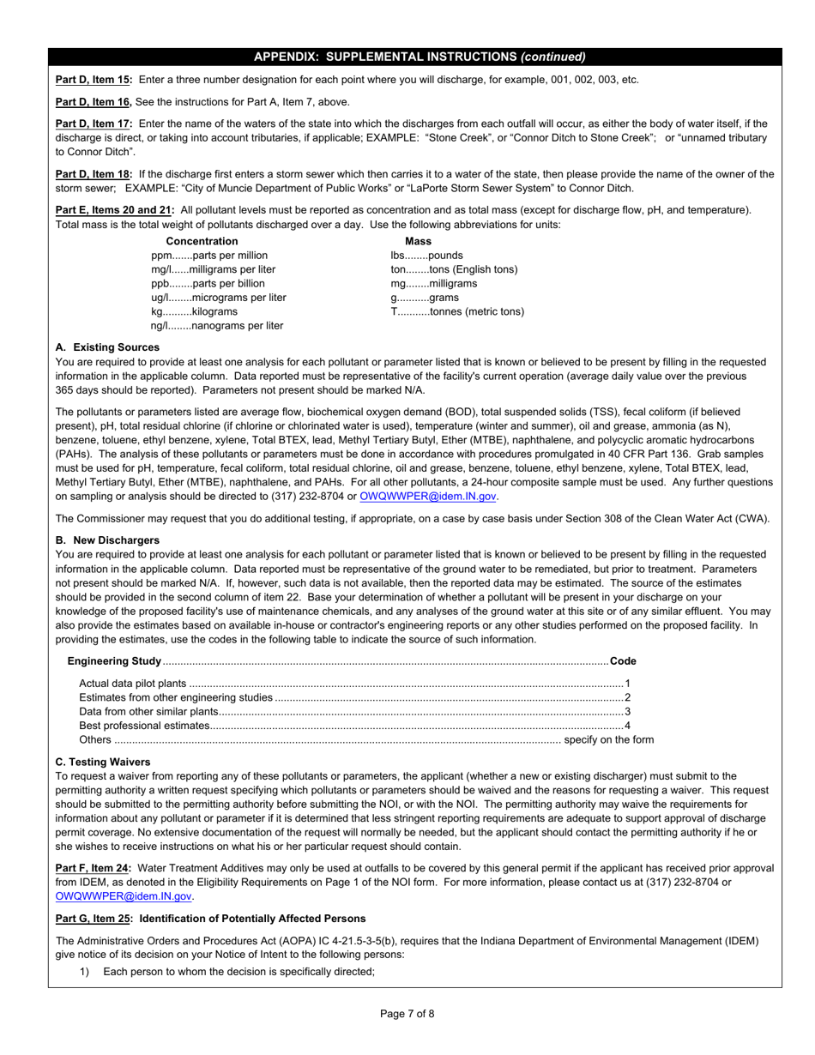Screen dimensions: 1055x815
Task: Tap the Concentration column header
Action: [202, 241]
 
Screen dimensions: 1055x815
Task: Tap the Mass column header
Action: [418, 241]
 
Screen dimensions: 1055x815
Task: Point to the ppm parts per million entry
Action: [209, 256]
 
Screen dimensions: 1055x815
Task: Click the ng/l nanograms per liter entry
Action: [217, 326]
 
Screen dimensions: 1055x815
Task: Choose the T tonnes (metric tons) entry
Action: [457, 311]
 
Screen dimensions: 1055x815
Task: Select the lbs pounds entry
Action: [426, 256]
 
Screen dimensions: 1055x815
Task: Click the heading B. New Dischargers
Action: [107, 540]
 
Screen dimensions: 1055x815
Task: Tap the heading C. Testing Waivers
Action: [103, 762]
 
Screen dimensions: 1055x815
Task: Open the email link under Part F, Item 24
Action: [124, 896]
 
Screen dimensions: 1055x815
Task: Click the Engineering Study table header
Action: [114, 661]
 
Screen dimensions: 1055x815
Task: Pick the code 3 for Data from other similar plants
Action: [627, 711]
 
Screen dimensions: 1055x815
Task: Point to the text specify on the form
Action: [608, 739]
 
